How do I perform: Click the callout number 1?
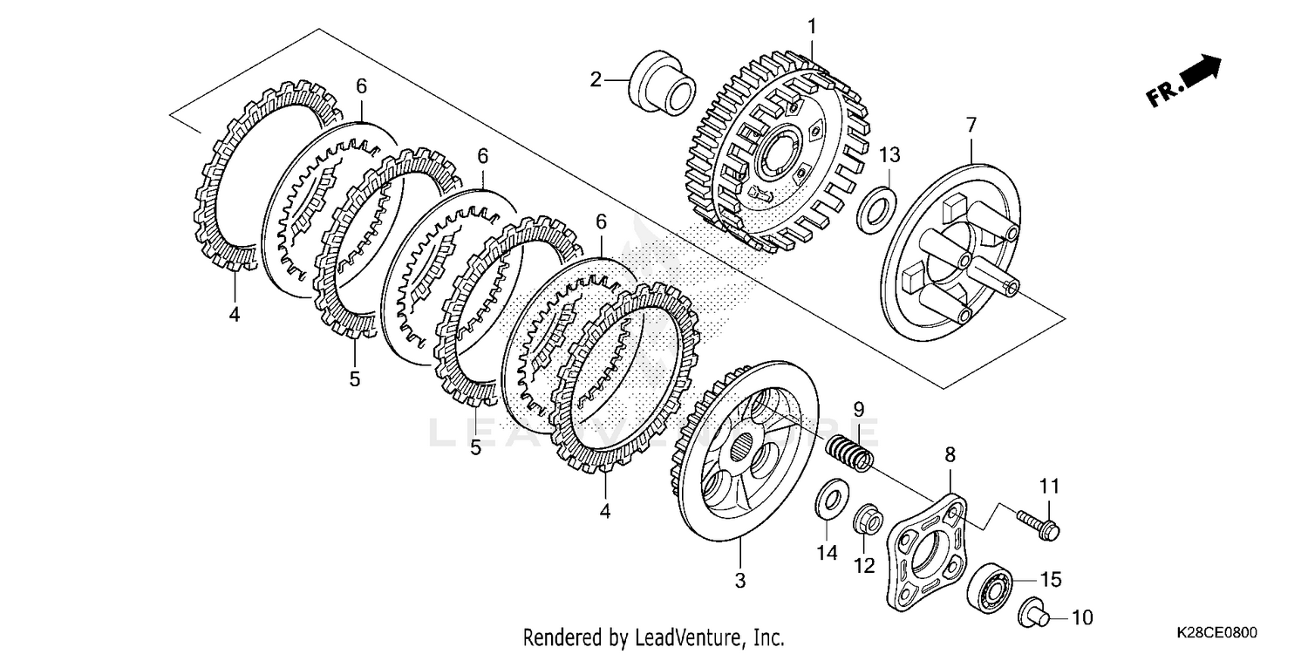pyautogui.click(x=812, y=27)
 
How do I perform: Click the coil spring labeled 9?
pyautogui.click(x=848, y=453)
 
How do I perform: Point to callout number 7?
pyautogui.click(x=971, y=125)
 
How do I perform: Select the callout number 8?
pyautogui.click(x=950, y=454)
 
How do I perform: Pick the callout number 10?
pyautogui.click(x=1081, y=619)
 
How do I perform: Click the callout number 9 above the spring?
pyautogui.click(x=858, y=408)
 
